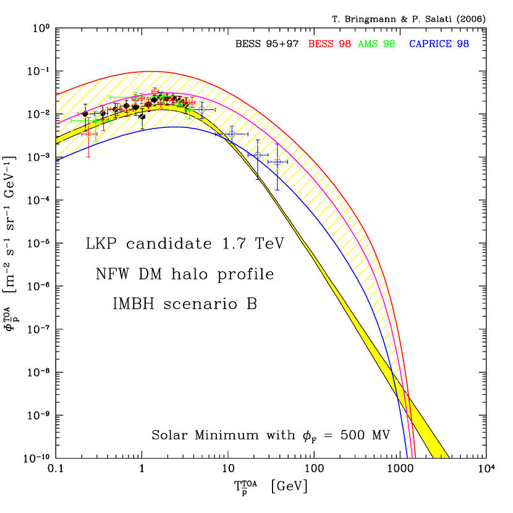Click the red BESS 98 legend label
[x=329, y=44]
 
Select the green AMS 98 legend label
[x=376, y=44]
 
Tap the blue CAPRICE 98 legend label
[x=439, y=44]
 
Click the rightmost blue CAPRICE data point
[x=277, y=163]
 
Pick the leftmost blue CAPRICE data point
[x=201, y=109]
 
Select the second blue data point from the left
[x=231, y=134]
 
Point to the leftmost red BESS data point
[x=88, y=134]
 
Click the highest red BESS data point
[x=155, y=91]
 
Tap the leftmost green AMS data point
[x=96, y=121]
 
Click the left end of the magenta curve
[x=57, y=124]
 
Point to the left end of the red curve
[x=57, y=96]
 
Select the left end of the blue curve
[x=57, y=160]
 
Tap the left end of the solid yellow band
[x=57, y=140]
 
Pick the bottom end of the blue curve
[x=407, y=457]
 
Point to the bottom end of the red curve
[x=415, y=457]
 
